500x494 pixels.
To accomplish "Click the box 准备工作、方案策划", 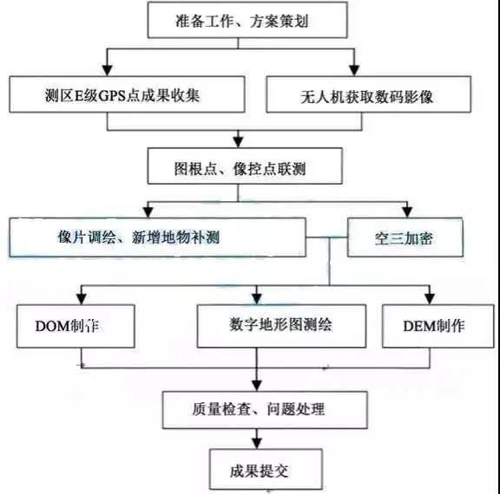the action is point(247,20).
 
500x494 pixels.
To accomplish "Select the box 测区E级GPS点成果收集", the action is point(128,94).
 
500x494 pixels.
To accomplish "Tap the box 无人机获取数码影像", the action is point(369,94).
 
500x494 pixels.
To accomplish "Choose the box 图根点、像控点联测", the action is point(245,166).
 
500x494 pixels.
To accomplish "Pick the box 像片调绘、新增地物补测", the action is point(157,237).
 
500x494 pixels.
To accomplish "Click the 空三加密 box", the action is point(405,237).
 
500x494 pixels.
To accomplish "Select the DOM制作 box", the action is point(76,326).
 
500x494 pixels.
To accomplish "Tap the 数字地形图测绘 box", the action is point(281,326).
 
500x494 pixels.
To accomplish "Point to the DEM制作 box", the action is point(438,326).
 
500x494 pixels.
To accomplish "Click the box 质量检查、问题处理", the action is point(265,410).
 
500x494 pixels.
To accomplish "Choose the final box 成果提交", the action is point(266,469).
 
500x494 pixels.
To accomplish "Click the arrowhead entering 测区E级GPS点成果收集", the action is point(107,70).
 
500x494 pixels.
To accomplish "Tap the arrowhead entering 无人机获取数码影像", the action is point(354,70).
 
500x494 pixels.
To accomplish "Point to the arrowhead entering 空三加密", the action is point(407,212).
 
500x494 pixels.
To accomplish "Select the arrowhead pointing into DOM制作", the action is point(82,299).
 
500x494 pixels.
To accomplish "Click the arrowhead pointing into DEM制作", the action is point(430,299).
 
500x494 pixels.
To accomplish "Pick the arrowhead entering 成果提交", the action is point(257,444).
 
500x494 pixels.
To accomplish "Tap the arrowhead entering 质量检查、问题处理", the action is point(257,386).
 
